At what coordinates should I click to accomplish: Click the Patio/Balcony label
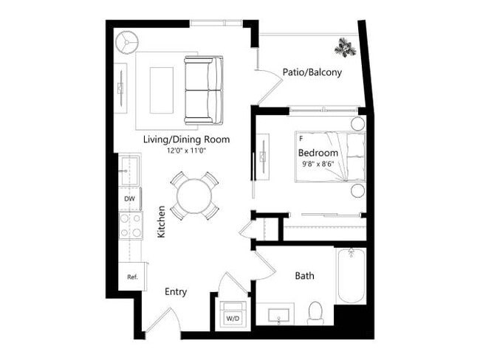(312, 72)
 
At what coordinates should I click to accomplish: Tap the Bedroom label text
(318, 153)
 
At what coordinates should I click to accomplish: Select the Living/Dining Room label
(186, 139)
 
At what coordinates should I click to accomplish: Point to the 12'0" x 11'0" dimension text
(186, 150)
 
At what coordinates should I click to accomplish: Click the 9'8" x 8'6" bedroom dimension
(318, 164)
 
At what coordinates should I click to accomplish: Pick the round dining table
(194, 195)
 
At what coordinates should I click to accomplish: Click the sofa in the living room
(203, 90)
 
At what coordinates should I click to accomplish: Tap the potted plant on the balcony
(344, 48)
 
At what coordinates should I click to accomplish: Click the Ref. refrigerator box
(133, 277)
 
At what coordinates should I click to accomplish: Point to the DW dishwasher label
(130, 198)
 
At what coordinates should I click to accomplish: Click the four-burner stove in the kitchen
(131, 225)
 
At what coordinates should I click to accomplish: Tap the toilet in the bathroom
(315, 313)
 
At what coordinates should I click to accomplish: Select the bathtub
(351, 276)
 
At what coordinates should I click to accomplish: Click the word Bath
(304, 276)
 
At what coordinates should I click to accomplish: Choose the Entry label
(176, 291)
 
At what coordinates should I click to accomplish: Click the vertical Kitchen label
(161, 221)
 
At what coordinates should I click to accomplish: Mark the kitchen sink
(131, 171)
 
